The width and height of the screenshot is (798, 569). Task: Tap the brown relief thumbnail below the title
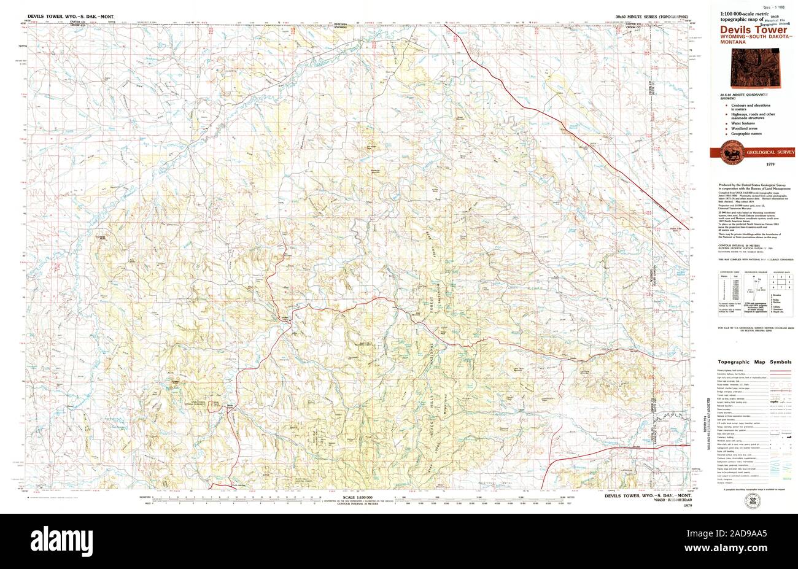pyautogui.click(x=773, y=69)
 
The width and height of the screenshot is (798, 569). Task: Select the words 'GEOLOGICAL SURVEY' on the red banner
pyautogui.click(x=770, y=152)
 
